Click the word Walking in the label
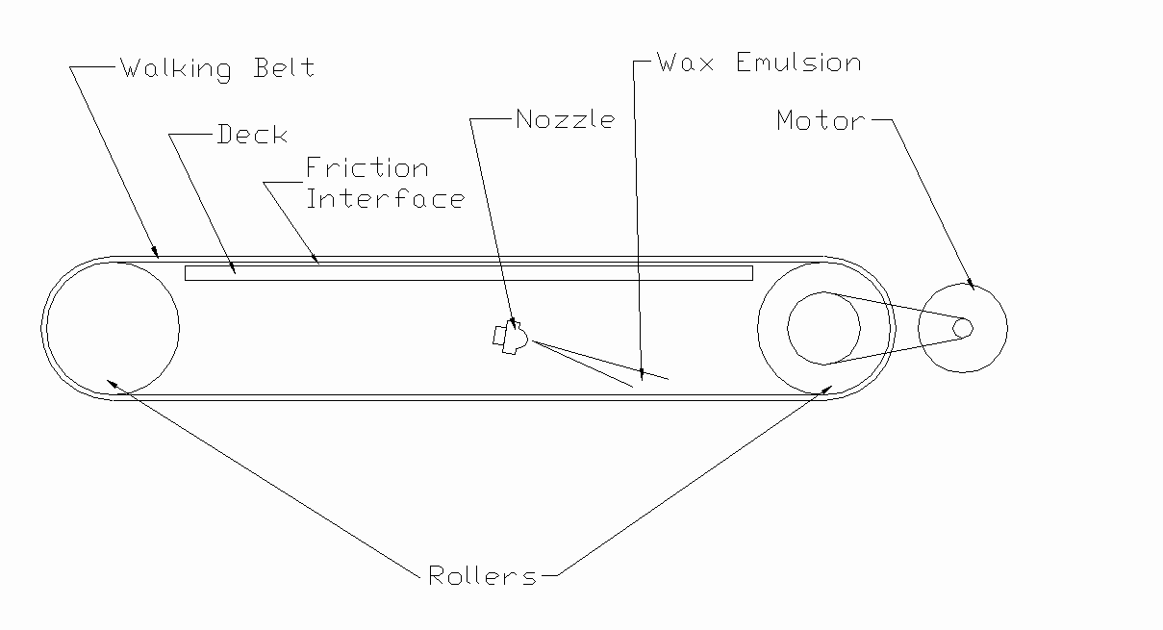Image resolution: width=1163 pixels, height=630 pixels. click(176, 69)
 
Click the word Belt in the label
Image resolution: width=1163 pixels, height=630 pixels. click(284, 68)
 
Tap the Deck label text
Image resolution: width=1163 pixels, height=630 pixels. click(252, 135)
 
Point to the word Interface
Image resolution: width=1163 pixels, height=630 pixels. click(385, 198)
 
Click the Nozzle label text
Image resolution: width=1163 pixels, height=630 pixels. click(565, 119)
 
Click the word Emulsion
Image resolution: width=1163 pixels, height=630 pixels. click(798, 63)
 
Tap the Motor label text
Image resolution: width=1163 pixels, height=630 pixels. click(821, 121)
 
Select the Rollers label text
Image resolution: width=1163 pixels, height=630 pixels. click(482, 576)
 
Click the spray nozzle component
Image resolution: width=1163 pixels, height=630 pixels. click(510, 338)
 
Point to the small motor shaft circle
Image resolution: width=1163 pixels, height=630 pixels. click(963, 328)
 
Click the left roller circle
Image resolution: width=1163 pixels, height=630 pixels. click(111, 328)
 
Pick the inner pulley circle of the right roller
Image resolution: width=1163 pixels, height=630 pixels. click(823, 328)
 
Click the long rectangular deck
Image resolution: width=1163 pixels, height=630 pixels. click(468, 273)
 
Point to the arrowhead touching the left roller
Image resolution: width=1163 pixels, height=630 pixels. click(114, 383)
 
